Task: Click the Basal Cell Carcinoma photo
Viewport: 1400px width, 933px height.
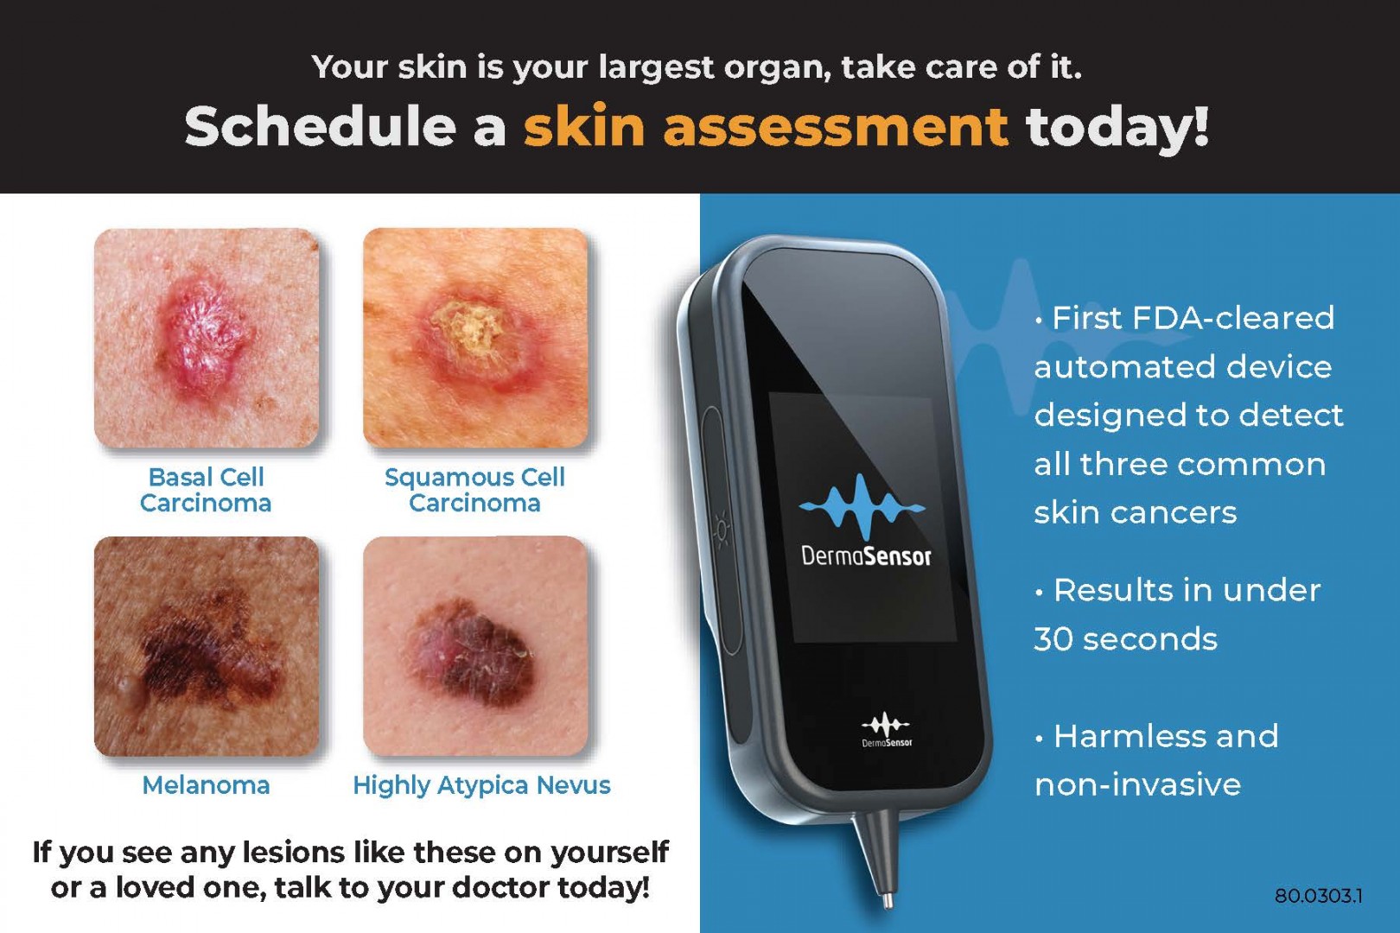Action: [x=207, y=338]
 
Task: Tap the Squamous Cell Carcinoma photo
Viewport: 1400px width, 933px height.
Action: [x=475, y=338]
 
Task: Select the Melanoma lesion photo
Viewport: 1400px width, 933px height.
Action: [x=207, y=646]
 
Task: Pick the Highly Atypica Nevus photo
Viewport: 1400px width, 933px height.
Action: [x=475, y=646]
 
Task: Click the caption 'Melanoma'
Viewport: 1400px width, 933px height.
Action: [x=207, y=785]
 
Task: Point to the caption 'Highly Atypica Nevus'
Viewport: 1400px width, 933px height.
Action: [x=481, y=785]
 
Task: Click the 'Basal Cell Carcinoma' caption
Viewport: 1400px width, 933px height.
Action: [x=206, y=490]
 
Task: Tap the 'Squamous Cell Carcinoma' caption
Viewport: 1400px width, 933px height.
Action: [x=474, y=490]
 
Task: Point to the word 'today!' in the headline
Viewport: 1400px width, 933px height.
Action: [x=1117, y=127]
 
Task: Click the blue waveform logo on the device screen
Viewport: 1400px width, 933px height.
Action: [x=862, y=507]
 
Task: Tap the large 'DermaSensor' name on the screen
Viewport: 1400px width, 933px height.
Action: [x=866, y=555]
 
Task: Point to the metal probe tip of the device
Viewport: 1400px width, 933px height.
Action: [x=887, y=900]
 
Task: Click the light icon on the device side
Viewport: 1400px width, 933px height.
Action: [x=722, y=530]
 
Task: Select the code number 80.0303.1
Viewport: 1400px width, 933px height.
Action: [x=1318, y=896]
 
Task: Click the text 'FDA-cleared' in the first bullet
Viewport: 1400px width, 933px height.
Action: [x=1233, y=317]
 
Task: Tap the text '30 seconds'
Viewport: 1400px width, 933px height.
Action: [x=1126, y=638]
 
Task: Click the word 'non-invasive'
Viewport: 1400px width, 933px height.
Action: [x=1137, y=785]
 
